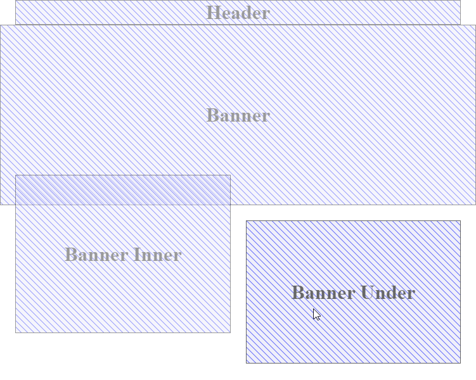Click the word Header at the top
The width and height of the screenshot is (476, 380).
coord(238,13)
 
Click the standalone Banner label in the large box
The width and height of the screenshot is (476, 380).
coord(238,115)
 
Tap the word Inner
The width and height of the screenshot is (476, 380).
coord(156,255)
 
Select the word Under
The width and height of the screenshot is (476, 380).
coord(387,293)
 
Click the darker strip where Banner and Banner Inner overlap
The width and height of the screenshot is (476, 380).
coord(122,190)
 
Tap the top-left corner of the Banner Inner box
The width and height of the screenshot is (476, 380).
coord(15,175)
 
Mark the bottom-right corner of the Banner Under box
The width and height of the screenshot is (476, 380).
coord(460,363)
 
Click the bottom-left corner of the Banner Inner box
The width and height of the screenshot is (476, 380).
coord(15,332)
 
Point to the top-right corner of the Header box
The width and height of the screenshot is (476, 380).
coord(460,1)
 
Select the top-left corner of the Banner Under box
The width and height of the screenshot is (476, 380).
coord(247,221)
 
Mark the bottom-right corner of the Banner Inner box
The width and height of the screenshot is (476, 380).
coord(230,332)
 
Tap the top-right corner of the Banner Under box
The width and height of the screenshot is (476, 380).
coord(460,221)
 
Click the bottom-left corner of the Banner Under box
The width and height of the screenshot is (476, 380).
coord(247,363)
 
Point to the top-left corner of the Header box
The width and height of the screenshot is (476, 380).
coord(15,1)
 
